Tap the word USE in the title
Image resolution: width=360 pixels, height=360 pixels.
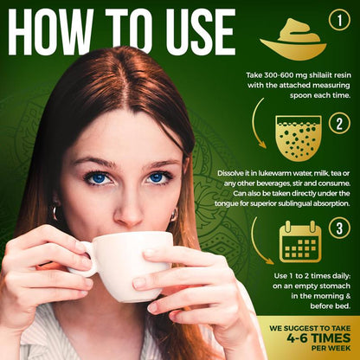201,32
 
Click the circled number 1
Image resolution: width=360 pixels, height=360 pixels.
339,20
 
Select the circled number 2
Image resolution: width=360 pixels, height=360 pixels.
339,123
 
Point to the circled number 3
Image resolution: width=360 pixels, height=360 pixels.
339,228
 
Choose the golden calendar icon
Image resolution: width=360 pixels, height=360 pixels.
300,241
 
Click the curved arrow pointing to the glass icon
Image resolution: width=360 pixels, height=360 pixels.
257,124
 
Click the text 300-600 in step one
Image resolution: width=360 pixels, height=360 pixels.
280,75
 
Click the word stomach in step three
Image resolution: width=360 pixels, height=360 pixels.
336,286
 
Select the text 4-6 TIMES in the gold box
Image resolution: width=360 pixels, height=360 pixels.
318,338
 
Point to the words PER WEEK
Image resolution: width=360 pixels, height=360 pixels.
331,348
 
